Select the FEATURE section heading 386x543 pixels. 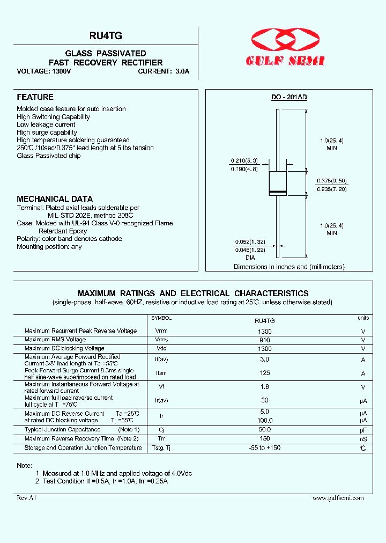click(x=35, y=97)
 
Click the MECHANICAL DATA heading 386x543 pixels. click(x=55, y=199)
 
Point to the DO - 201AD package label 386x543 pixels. click(x=288, y=97)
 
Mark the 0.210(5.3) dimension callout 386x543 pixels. click(x=244, y=160)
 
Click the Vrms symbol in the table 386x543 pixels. click(x=161, y=340)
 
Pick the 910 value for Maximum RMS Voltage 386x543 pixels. click(x=264, y=340)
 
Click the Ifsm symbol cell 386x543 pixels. click(x=161, y=373)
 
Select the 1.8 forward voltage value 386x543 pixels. click(x=264, y=386)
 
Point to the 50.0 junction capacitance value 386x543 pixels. click(x=264, y=430)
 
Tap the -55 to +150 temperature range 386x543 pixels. click(x=264, y=447)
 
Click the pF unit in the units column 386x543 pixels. click(x=363, y=430)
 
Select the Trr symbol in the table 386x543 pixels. click(x=161, y=438)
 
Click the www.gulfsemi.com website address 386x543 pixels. click(x=338, y=498)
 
